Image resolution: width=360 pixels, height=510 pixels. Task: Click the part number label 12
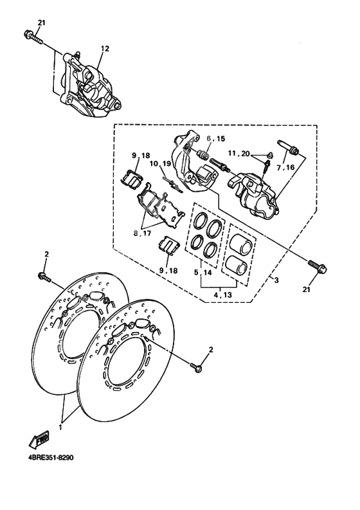click(x=105, y=48)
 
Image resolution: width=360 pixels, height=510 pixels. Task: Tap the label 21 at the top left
click(x=42, y=23)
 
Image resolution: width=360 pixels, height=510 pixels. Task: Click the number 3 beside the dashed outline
click(x=276, y=280)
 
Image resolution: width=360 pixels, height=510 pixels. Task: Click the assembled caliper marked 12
click(x=93, y=87)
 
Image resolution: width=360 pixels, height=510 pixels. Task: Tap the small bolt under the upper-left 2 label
click(x=46, y=277)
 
